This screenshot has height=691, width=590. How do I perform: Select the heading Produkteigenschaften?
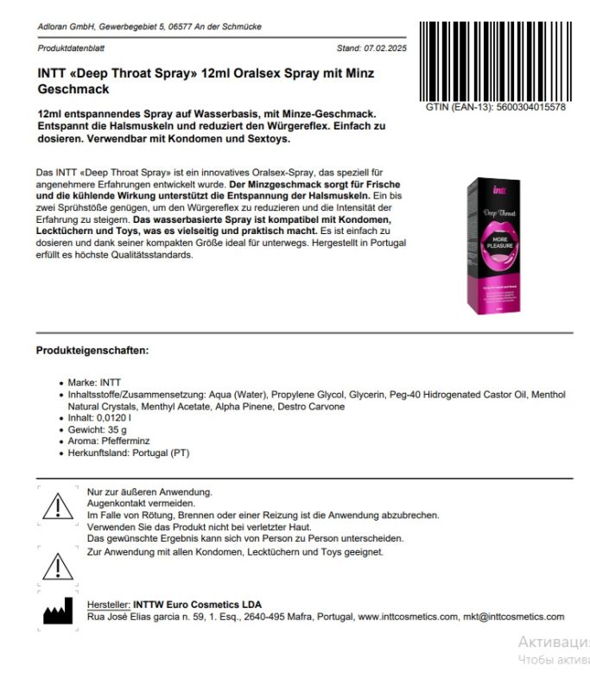(x=92, y=351)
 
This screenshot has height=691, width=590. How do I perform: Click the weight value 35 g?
(x=117, y=429)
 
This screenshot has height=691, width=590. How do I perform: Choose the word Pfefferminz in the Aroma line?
(x=129, y=441)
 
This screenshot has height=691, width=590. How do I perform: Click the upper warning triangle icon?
(x=58, y=504)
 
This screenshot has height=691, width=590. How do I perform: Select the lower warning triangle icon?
(x=58, y=566)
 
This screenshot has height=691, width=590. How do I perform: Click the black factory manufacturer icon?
(x=58, y=612)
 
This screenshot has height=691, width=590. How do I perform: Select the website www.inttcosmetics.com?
(x=407, y=617)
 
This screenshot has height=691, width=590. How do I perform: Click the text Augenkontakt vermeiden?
(x=141, y=503)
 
